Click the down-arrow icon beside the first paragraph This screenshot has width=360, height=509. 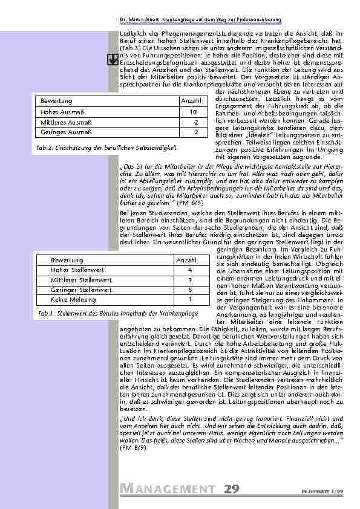[112, 59]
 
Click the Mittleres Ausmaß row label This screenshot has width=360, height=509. [62, 122]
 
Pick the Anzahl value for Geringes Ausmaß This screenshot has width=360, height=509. [195, 132]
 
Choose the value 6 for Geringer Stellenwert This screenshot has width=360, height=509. [189, 290]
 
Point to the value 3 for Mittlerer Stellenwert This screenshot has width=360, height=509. [189, 280]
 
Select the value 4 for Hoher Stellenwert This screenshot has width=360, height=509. [189, 270]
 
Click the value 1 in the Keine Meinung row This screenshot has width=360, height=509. [189, 299]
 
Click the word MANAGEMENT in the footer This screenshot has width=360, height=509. [167, 488]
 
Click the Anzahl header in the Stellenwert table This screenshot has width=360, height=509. [186, 259]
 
